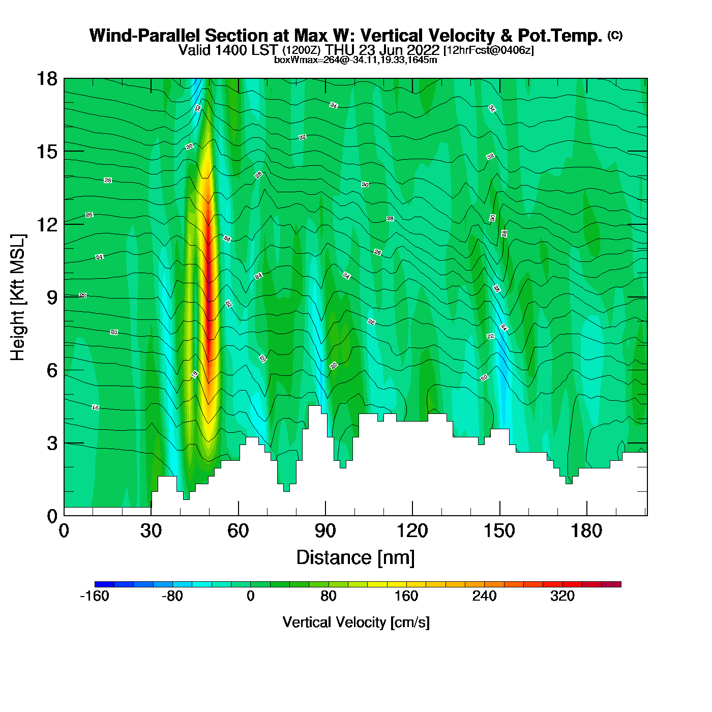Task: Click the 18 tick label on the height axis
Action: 47,79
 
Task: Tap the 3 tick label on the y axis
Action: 52,443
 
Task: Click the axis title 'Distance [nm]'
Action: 355,557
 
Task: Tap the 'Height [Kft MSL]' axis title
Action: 18,298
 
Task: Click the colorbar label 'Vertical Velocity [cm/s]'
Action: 356,622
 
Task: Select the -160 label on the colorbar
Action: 95,596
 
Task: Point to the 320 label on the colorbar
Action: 562,596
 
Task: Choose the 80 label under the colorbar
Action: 329,596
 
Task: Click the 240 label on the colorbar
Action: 484,596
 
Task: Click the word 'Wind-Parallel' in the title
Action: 145,36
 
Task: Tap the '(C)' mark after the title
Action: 615,35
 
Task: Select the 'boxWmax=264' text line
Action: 355,60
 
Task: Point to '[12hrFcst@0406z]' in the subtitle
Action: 489,50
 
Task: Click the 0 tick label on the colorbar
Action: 250,596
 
